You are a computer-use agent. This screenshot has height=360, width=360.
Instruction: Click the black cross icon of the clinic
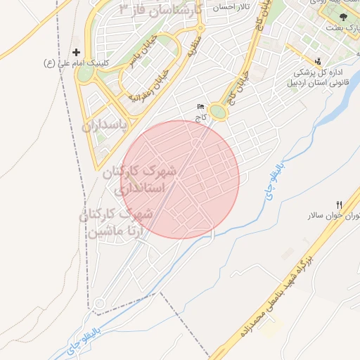[77, 53]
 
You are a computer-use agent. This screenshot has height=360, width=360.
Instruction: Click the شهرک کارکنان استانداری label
[148, 180]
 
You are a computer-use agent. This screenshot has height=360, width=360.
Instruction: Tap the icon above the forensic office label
[319, 61]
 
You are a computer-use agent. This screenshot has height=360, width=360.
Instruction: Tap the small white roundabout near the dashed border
[99, 304]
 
